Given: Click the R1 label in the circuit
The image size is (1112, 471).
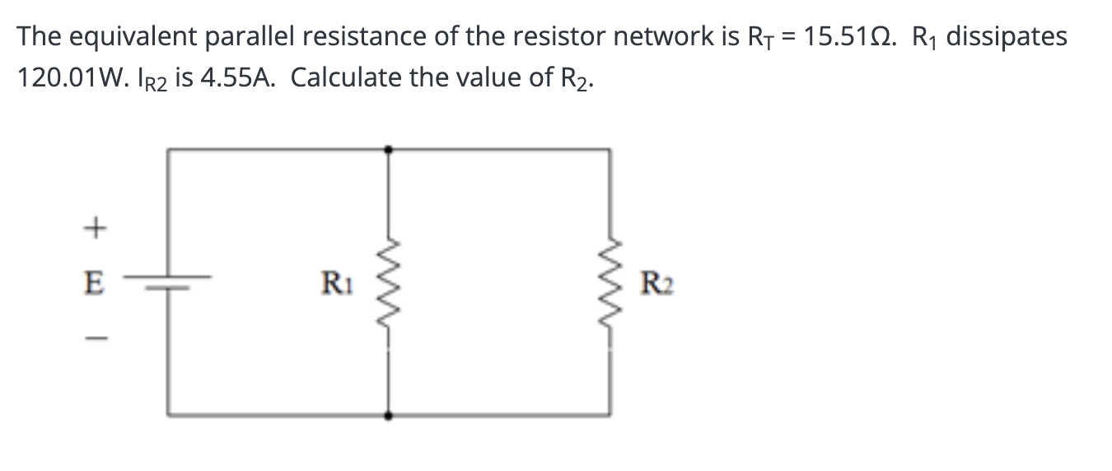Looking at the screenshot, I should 334,287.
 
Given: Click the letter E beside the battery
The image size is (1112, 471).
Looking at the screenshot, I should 96,287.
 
